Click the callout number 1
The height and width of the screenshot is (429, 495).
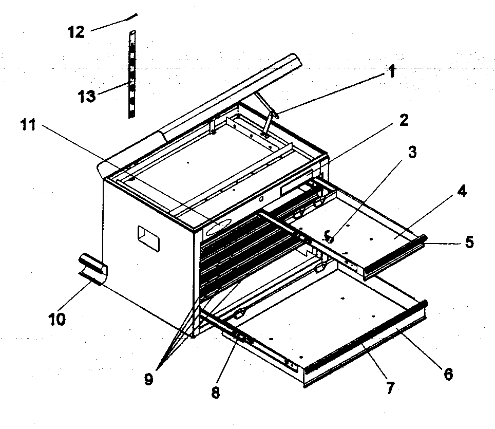click(x=392, y=72)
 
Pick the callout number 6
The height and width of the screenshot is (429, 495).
click(x=448, y=374)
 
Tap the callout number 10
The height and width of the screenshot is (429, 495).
click(x=57, y=319)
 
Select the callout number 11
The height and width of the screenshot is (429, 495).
click(x=28, y=125)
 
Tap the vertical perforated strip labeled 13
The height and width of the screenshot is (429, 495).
click(x=131, y=74)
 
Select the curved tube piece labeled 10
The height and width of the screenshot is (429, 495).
click(x=93, y=268)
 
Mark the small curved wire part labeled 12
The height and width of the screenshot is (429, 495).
click(x=131, y=17)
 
